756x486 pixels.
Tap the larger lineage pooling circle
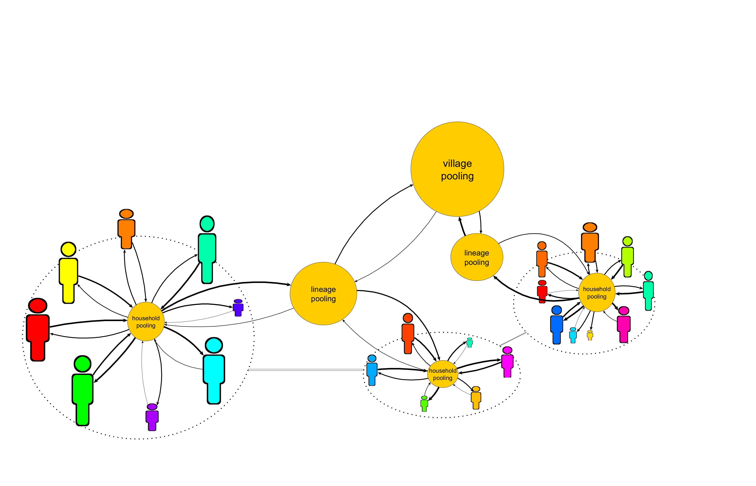(323, 293)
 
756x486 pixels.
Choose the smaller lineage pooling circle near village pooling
(477, 257)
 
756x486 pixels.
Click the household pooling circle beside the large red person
(146, 322)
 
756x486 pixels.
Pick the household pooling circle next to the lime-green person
(597, 293)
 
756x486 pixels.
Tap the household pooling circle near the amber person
(442, 374)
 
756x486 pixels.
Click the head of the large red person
(38, 306)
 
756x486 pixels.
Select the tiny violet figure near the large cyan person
(238, 308)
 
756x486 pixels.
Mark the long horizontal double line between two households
(306, 369)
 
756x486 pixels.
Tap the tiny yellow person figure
(590, 335)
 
